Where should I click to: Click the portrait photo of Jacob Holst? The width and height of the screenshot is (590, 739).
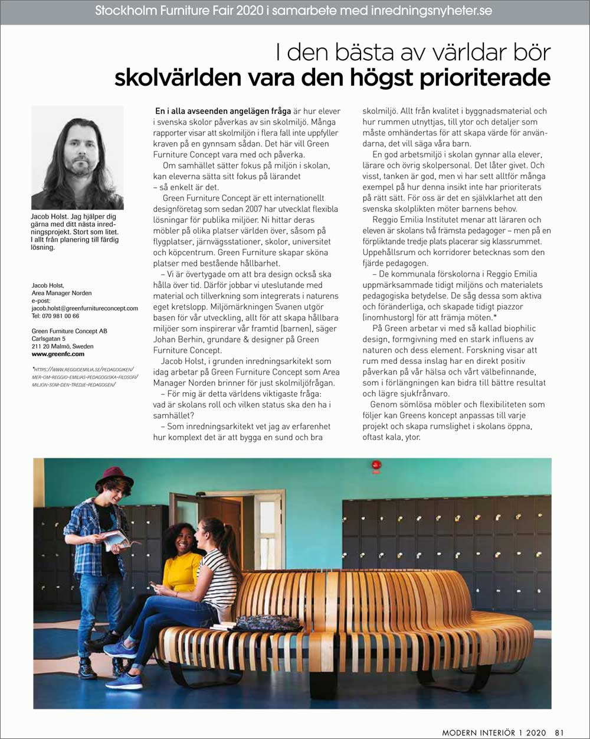[x=77, y=158]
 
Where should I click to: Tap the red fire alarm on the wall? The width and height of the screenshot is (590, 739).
[x=376, y=465]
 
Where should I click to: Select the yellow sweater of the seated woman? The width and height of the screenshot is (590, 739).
[x=182, y=571]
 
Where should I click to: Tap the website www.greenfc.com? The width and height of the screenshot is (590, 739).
[x=58, y=354]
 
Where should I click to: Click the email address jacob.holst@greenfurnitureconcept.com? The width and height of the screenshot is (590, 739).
[x=84, y=308]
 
